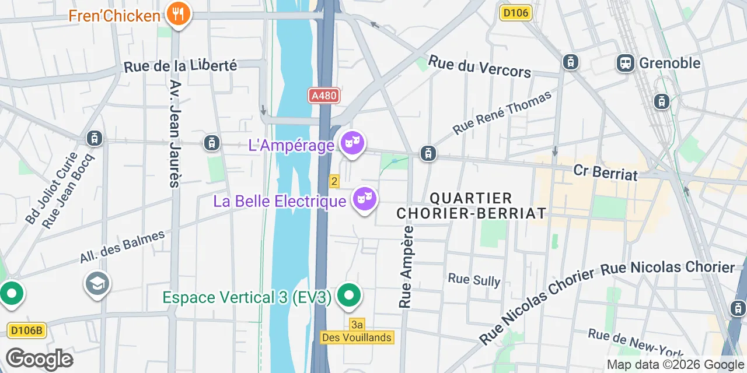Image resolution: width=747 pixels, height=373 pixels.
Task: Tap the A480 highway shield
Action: tap(323, 95)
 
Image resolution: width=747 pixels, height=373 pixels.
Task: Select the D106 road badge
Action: tap(516, 13)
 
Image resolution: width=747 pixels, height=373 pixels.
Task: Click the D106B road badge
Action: tap(27, 330)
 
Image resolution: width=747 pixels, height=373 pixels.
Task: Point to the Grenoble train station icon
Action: tap(626, 63)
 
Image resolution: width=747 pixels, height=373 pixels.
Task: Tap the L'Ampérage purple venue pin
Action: tap(352, 143)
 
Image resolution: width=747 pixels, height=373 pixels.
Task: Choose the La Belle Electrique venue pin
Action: tap(364, 199)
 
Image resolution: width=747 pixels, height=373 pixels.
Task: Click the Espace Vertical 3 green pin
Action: tap(348, 295)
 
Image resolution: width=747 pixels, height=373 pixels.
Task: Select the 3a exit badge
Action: tap(357, 324)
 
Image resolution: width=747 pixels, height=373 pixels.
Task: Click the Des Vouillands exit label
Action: tap(358, 337)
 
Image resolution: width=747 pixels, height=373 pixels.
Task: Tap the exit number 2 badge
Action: tap(334, 181)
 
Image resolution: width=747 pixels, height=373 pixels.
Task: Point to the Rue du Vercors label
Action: tap(480, 66)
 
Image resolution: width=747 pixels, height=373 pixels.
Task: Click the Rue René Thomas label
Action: tap(502, 112)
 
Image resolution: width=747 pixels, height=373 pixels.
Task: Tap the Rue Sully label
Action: tap(474, 280)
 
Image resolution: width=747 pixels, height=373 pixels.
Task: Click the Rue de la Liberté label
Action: tap(180, 66)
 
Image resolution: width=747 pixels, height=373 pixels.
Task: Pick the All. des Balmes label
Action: tap(123, 247)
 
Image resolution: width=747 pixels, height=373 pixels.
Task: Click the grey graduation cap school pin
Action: tap(97, 284)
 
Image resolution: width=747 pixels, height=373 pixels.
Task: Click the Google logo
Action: tap(39, 359)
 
